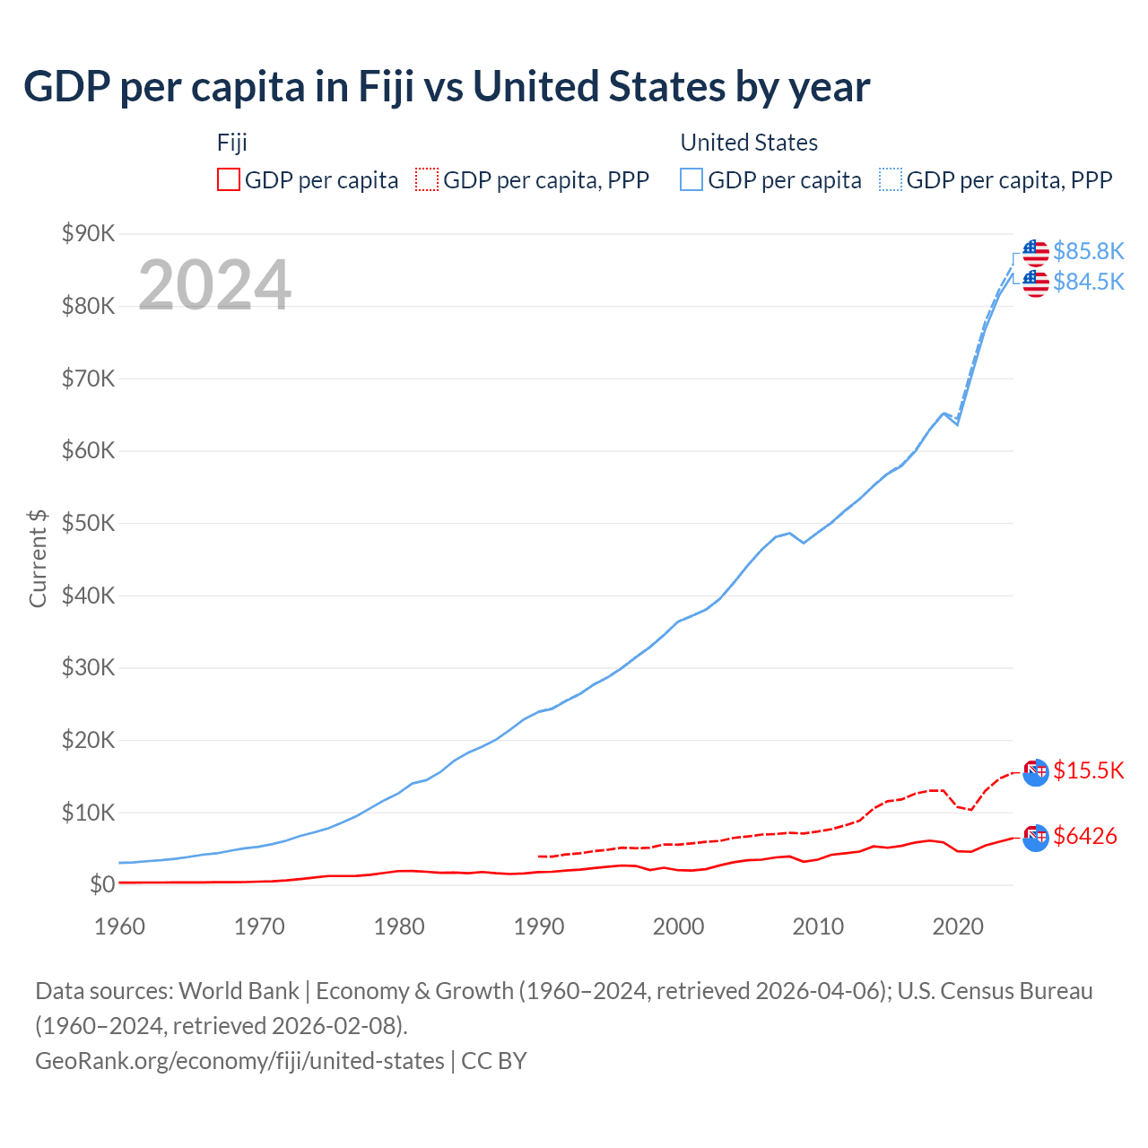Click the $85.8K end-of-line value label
[1088, 251]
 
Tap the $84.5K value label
[1088, 282]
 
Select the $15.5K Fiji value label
[1088, 770]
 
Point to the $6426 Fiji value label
[1084, 836]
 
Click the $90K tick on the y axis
[89, 234]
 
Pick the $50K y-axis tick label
[89, 524]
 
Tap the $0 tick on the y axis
[102, 885]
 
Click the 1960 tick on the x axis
[119, 926]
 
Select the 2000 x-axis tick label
[678, 926]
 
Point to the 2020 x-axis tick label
[958, 926]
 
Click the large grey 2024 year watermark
[214, 285]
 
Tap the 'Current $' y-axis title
[38, 558]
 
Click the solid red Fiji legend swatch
[229, 180]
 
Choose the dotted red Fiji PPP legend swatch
[427, 180]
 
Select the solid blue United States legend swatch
[691, 180]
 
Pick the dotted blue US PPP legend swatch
[891, 180]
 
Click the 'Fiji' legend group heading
[231, 143]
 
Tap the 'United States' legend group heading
[749, 143]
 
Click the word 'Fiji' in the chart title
[386, 87]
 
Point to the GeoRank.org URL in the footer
[239, 1061]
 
